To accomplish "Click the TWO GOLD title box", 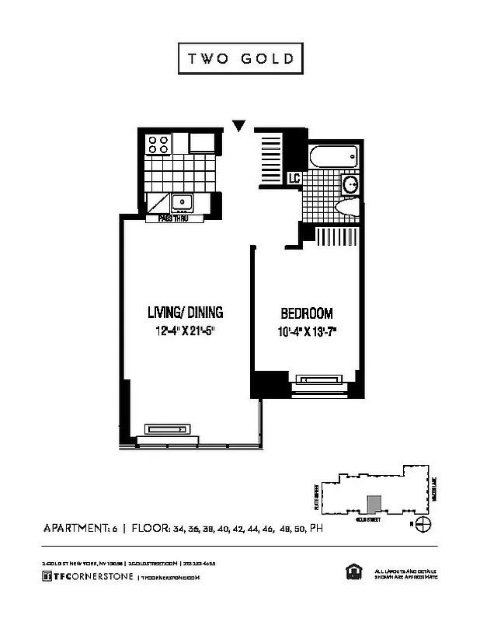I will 239,59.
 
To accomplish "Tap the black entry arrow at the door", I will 240,125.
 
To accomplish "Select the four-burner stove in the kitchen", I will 158,144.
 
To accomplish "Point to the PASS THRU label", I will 175,219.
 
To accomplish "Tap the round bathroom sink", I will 350,185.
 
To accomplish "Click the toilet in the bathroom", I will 346,208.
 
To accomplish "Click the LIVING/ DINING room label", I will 186,313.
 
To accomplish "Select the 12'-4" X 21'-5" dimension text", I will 186,330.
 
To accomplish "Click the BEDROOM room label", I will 306,314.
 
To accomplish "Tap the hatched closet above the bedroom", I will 334,236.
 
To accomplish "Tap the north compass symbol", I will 423,524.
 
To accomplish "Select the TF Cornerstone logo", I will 88,576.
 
